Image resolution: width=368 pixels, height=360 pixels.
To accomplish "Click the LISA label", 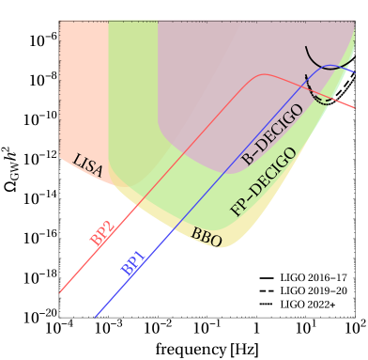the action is tap(87, 166).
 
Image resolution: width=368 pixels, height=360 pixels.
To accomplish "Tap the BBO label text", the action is tap(207, 237).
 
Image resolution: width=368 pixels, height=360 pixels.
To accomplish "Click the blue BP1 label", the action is tap(133, 263).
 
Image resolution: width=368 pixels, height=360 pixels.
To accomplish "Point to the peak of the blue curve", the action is tap(330, 65).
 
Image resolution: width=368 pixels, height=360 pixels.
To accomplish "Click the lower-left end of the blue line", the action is tap(97, 317).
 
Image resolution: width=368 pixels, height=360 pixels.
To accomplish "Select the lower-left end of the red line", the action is tap(60, 292).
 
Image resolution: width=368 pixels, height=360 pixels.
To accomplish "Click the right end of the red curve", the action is tap(355, 108).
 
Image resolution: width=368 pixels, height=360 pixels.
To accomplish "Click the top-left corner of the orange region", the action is tap(60, 22).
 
